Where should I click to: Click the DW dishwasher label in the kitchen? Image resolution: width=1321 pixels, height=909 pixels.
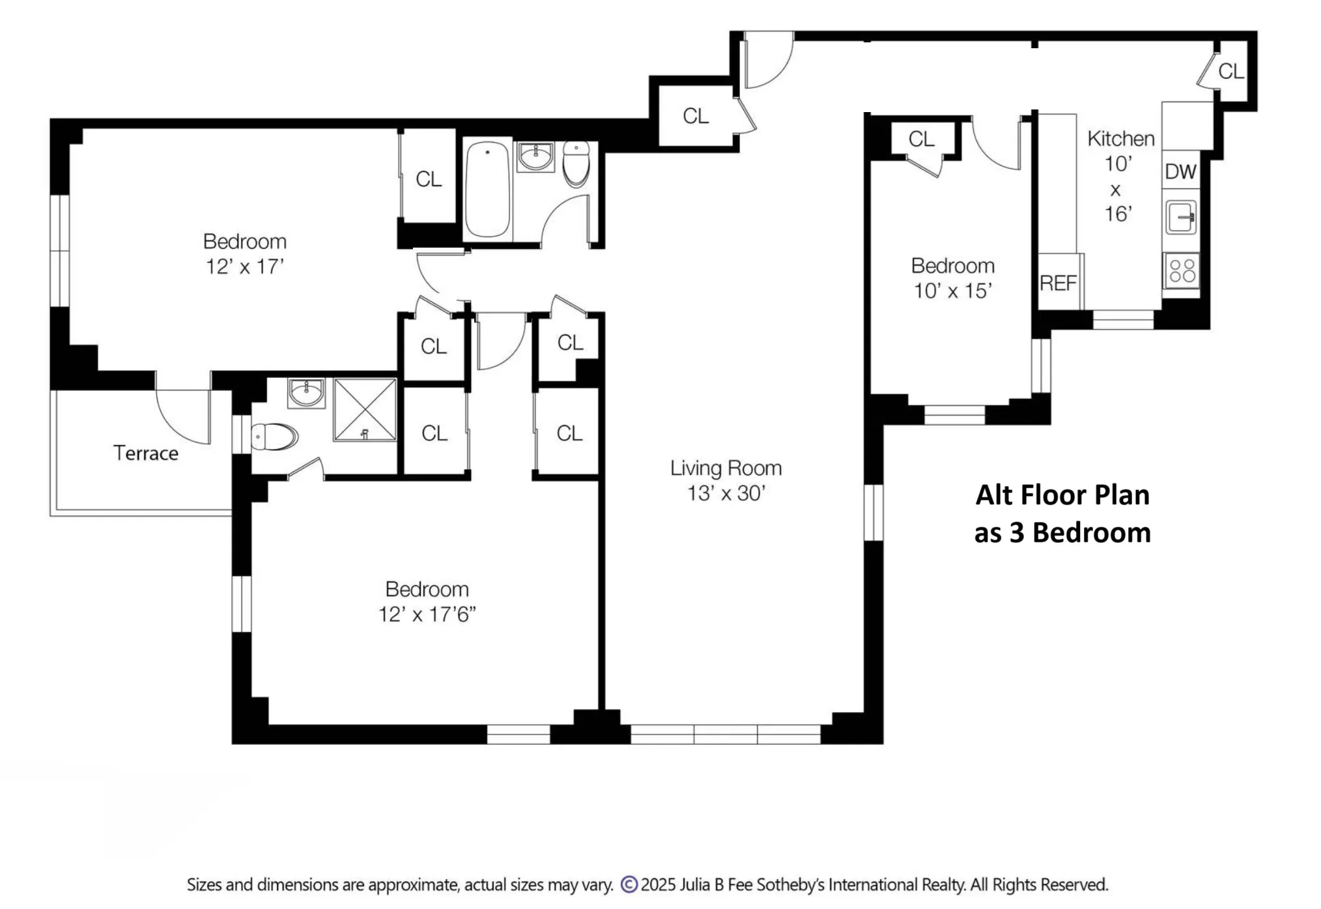[x=1180, y=171]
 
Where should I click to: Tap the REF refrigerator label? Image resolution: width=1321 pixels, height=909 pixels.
[x=1058, y=283]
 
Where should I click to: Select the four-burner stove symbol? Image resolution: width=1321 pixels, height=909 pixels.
[x=1182, y=270]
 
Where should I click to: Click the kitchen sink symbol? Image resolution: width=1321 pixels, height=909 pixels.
[x=1181, y=217]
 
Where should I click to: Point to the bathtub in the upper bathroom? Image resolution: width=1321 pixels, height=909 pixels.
[x=487, y=190]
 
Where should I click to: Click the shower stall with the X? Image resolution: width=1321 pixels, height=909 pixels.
[x=365, y=410]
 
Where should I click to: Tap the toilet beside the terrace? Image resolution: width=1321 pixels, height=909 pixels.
[x=274, y=437]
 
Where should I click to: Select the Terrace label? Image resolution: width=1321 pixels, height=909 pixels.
[x=145, y=453]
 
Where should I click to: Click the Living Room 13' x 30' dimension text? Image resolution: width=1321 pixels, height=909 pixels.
[x=726, y=493]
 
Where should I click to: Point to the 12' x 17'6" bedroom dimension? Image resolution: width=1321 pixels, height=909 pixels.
[x=427, y=614]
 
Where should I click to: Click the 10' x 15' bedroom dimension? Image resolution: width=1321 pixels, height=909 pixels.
[x=952, y=291]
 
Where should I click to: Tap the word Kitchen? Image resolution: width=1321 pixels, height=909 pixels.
[x=1120, y=138]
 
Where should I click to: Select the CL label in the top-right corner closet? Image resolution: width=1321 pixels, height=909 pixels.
[x=1230, y=71]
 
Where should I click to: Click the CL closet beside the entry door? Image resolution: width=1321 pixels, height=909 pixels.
[x=695, y=116]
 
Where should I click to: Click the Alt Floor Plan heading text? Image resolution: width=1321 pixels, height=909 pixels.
[x=1062, y=495]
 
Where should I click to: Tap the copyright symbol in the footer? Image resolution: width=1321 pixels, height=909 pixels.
[x=629, y=884]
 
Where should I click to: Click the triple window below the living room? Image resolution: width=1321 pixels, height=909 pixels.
[x=725, y=734]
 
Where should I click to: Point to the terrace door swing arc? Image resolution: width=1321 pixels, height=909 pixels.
[x=184, y=417]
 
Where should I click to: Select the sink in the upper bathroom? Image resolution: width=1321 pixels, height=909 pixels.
[x=535, y=156]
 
